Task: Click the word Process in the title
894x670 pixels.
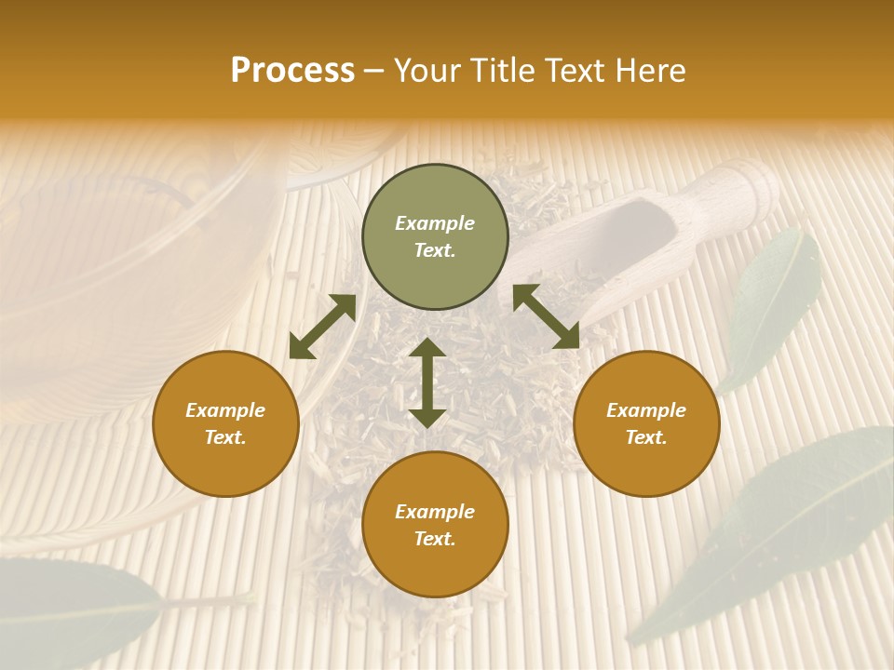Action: [292, 71]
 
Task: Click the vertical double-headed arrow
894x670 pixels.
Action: [427, 382]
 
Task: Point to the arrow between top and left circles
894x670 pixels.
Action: [322, 327]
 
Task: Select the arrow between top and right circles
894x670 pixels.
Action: [546, 316]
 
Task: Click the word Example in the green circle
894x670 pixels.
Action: [435, 223]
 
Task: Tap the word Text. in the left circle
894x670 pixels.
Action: [225, 437]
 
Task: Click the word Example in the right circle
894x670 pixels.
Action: [646, 410]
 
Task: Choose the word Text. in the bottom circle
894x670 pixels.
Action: [435, 539]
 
